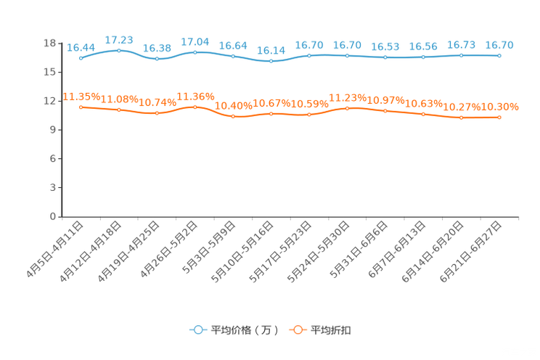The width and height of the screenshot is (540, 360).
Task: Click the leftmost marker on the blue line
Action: coord(81,58)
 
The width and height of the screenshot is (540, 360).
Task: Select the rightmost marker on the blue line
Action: coord(499,54)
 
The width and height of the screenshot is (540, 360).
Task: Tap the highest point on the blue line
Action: coord(118,50)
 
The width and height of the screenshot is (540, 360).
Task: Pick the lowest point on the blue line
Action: coord(271,62)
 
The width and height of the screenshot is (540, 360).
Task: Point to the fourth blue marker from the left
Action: coord(195,52)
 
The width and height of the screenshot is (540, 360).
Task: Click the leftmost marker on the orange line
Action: coord(81,107)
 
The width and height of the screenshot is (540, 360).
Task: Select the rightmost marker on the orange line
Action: coord(499,118)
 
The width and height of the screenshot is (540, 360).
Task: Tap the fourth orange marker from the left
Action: coord(195,107)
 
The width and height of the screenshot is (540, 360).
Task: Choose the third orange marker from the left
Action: coord(157,113)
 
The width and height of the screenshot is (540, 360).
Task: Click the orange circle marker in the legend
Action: coord(298,330)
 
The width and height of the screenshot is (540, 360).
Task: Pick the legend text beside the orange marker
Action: coord(332,330)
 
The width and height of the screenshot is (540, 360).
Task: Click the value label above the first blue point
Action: coord(81,47)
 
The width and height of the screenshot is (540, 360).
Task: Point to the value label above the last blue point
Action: coord(499,44)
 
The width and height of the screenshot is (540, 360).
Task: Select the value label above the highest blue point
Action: coord(118,39)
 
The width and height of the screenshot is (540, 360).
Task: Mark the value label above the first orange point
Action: coord(81,97)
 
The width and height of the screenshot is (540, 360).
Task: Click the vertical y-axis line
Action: coord(62,131)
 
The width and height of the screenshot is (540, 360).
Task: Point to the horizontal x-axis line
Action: coord(290,216)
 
